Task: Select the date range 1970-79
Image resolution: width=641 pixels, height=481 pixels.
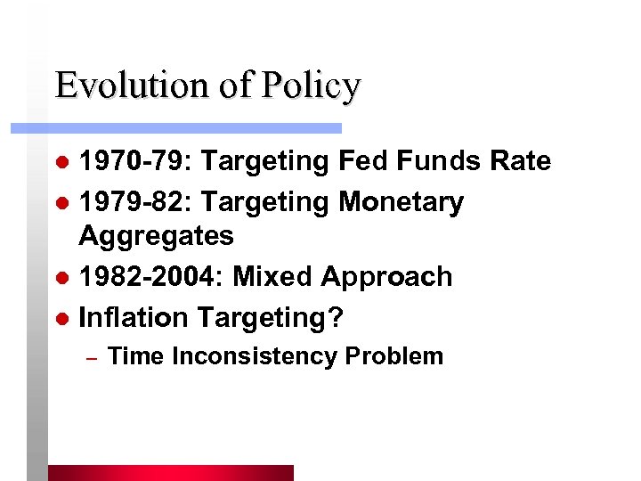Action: pyautogui.click(x=136, y=161)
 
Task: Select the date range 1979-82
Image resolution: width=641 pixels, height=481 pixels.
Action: pyautogui.click(x=136, y=202)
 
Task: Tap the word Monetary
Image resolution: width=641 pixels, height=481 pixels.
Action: pyautogui.click(x=401, y=203)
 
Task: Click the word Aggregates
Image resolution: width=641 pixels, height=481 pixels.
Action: pyautogui.click(x=157, y=237)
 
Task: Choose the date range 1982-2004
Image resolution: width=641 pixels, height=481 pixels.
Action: pyautogui.click(x=151, y=276)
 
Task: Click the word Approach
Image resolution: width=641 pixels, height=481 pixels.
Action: pyautogui.click(x=386, y=278)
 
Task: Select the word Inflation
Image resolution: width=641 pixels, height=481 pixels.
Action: pyautogui.click(x=134, y=316)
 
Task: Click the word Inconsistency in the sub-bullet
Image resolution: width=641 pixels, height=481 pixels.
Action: pyautogui.click(x=255, y=356)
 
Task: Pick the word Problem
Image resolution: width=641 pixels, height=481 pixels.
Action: pyautogui.click(x=394, y=356)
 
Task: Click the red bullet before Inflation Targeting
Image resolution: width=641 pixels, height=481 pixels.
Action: pyautogui.click(x=61, y=317)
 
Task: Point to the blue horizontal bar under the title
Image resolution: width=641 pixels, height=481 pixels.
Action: pyautogui.click(x=178, y=128)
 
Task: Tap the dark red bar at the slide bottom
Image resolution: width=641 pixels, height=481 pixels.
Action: pyautogui.click(x=170, y=473)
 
